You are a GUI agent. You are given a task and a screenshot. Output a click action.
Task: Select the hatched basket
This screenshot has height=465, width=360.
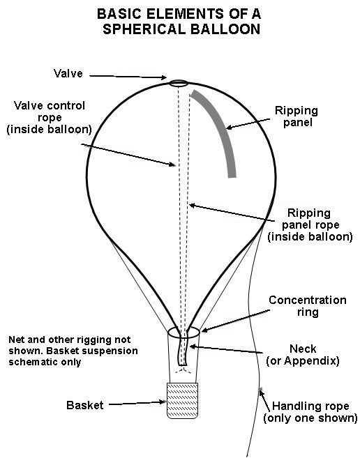coord(182,401)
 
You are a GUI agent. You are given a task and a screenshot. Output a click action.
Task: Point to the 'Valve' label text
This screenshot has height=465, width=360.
coord(68,73)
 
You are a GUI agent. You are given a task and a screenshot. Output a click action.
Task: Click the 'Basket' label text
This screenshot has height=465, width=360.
coord(85,405)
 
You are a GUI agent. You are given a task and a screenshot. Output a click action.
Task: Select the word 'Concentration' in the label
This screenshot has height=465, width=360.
coord(308,300)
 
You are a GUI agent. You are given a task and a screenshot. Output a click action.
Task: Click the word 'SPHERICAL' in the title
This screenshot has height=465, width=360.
coord(144,29)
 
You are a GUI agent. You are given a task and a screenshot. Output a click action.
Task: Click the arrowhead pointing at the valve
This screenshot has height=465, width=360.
coord(164,77)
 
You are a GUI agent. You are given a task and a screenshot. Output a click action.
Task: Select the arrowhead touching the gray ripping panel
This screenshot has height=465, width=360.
coord(229,128)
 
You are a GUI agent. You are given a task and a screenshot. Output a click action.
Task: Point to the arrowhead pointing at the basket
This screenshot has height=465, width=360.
coord(163,402)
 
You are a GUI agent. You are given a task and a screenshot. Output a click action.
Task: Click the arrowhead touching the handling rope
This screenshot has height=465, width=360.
coord(261,392)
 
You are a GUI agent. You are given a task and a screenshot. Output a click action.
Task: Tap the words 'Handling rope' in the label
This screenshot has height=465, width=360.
coord(310,406)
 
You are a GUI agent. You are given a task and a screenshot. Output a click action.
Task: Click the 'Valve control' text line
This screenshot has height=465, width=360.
coord(50,105)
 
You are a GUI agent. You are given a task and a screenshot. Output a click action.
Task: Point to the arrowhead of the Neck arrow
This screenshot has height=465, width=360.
coord(193,346)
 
